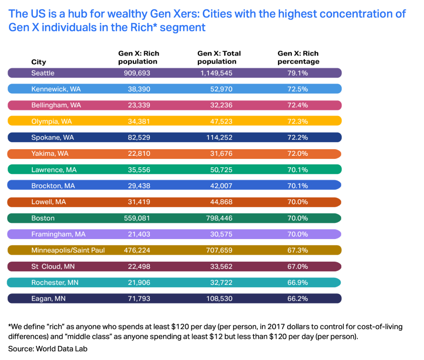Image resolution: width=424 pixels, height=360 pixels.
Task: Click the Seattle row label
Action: [x=43, y=73]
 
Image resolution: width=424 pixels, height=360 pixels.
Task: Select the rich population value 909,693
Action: [x=137, y=73]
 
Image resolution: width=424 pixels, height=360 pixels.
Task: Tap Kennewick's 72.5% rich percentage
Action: [x=297, y=89]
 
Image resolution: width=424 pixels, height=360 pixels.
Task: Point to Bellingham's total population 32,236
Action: [x=221, y=105]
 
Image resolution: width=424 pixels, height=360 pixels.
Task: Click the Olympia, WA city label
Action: [x=51, y=122]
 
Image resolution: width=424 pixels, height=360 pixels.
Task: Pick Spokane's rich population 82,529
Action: [x=139, y=138]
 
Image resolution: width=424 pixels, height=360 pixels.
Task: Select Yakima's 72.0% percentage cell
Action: [x=297, y=153]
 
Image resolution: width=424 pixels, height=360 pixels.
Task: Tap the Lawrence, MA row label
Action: [x=54, y=169]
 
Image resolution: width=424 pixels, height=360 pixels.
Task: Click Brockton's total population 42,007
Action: [x=221, y=186]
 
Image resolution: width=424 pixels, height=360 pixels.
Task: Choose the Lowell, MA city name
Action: [x=48, y=202]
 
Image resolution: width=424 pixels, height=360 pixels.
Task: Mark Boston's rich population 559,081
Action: [x=137, y=218]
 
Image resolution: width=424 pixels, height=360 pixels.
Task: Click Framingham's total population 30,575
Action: [x=221, y=234]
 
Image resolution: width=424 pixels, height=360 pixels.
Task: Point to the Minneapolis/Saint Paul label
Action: [x=68, y=250]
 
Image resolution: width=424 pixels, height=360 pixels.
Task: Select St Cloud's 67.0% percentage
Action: [x=297, y=266]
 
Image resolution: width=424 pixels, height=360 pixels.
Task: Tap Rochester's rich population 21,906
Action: [x=139, y=282]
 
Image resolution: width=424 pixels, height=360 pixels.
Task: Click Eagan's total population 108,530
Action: [x=219, y=298]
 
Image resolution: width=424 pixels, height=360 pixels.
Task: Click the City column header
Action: [x=39, y=62]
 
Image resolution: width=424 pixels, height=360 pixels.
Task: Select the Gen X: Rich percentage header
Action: [x=298, y=57]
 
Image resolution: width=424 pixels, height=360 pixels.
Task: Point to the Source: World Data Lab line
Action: [x=47, y=349]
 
